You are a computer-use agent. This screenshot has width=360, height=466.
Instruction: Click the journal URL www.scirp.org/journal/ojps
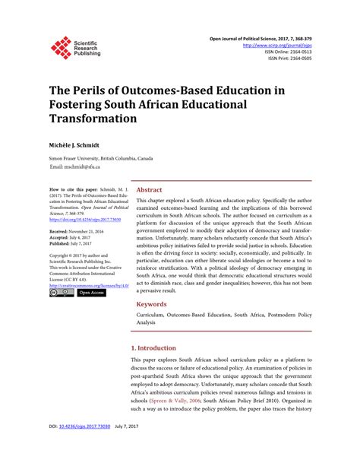tap(277, 46)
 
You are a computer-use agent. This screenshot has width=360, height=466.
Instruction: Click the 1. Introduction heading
tap(158, 347)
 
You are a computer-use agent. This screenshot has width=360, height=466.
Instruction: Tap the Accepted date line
tap(73, 236)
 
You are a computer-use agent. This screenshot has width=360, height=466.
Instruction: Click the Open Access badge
tap(91, 293)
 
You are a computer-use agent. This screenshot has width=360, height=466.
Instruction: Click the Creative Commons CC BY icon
tap(61, 293)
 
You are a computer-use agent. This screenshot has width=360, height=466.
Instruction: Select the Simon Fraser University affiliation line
tap(101, 158)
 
